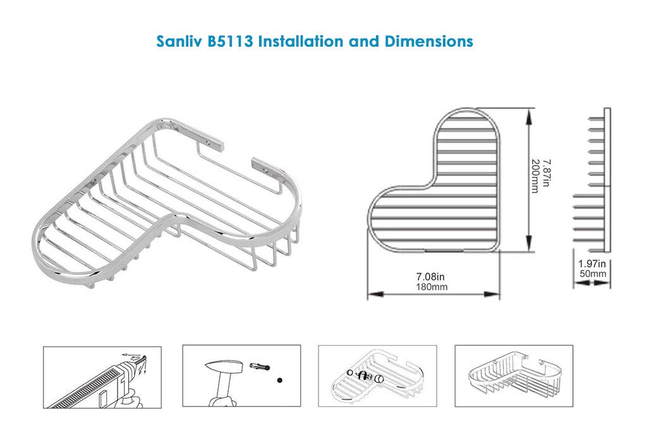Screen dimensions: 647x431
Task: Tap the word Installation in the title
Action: coord(300,42)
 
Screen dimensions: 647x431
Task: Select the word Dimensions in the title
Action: coord(429,42)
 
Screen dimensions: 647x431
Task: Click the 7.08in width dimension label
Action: coord(430,276)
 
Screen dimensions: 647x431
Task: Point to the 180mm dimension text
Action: coord(432,286)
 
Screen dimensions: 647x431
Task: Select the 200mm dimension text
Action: coord(535,176)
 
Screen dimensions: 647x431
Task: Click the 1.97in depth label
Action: coord(591,264)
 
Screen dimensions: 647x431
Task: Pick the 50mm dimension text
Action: coord(593,274)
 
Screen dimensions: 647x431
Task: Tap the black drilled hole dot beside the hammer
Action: coord(280,381)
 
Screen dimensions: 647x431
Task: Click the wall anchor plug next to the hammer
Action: coord(260,366)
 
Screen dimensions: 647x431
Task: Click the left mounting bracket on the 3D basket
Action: coord(210,141)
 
